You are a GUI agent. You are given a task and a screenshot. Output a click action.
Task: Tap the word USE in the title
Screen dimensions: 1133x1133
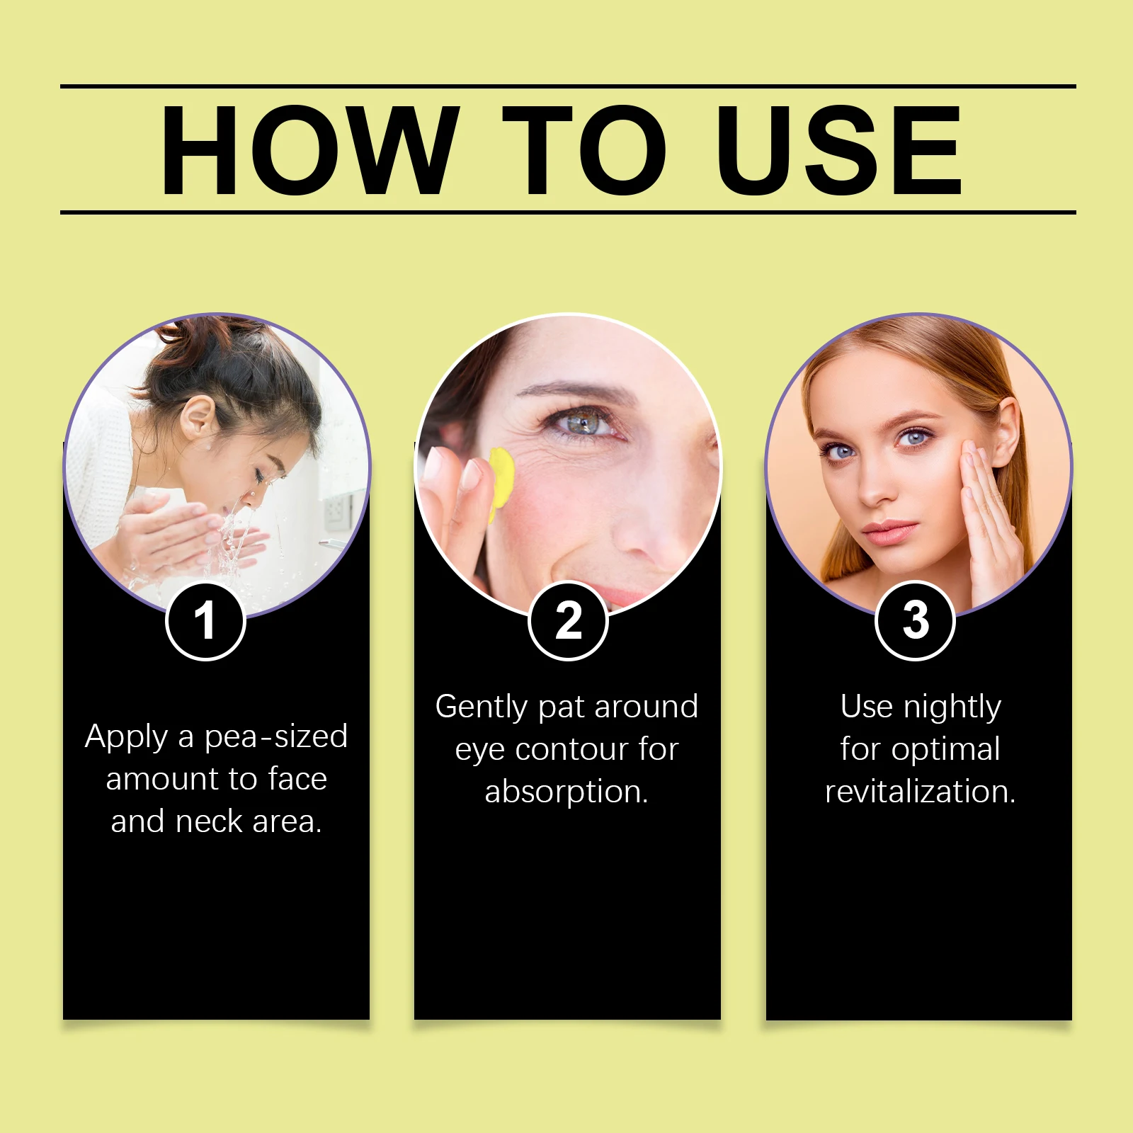click(x=839, y=150)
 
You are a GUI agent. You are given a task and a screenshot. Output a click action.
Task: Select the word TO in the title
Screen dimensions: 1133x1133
click(x=584, y=150)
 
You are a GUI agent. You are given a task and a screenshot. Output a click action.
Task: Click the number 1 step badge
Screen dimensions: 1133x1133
click(x=205, y=621)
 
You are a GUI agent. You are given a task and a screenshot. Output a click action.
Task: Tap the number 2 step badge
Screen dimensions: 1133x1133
click(x=568, y=621)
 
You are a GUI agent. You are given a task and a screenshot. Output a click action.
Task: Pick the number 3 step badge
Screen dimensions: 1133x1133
click(x=916, y=621)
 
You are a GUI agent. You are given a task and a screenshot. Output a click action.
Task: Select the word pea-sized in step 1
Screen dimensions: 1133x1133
click(x=276, y=737)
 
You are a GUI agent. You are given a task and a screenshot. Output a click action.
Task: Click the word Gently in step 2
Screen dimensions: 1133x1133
click(x=482, y=707)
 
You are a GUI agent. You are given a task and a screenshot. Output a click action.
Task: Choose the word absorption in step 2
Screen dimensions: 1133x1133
click(x=566, y=792)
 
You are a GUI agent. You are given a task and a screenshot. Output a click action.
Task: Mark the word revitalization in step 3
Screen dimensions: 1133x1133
click(x=920, y=792)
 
